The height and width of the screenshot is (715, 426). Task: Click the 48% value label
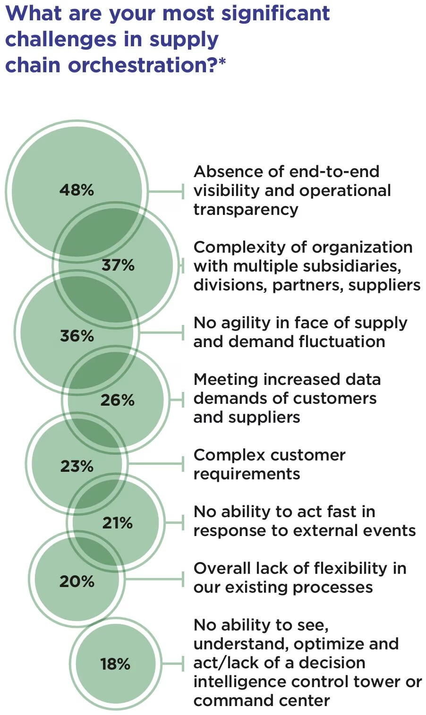tap(77, 190)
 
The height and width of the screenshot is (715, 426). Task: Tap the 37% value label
tap(118, 265)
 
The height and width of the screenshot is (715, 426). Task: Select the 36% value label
tap(77, 336)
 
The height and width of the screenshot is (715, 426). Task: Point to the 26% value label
tap(118, 400)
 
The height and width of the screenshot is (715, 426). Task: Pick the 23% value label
tap(77, 467)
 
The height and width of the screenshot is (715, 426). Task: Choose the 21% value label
tap(118, 523)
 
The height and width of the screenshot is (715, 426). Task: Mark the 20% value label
tap(77, 581)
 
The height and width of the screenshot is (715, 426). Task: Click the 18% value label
tap(115, 664)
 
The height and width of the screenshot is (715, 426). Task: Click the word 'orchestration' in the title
tap(142, 65)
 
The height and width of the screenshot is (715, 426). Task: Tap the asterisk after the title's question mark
tap(222, 62)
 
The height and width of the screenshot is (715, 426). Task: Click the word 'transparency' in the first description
tap(246, 209)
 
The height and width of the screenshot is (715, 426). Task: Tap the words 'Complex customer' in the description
tap(269, 455)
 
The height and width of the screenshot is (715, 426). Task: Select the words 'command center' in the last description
tap(261, 700)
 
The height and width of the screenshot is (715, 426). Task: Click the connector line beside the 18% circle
tap(170, 664)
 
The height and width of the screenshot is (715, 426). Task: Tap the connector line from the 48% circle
tap(165, 191)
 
